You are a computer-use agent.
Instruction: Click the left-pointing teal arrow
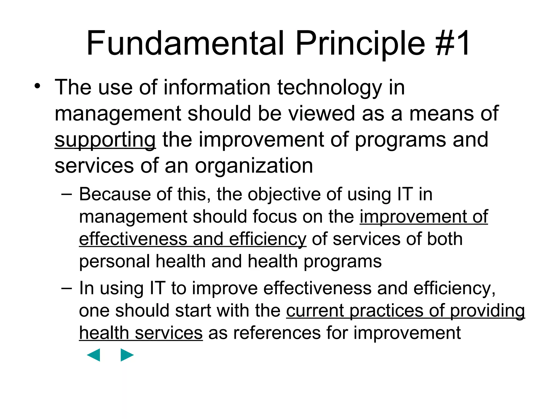click(x=94, y=355)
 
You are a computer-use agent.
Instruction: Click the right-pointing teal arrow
click(x=127, y=355)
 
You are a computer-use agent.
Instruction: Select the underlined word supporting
click(x=105, y=140)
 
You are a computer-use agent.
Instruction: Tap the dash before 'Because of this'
click(x=66, y=194)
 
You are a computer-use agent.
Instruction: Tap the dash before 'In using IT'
click(x=66, y=288)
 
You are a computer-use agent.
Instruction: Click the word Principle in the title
click(x=360, y=44)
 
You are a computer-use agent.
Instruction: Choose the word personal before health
click(x=114, y=262)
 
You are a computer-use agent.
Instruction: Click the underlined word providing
click(x=487, y=311)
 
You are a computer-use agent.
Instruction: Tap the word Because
click(x=115, y=194)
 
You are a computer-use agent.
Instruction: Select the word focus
click(x=274, y=217)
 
